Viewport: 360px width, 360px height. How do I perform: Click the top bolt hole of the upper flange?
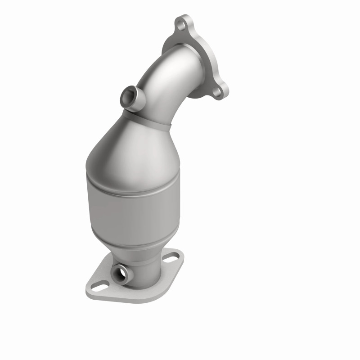coord(182,24)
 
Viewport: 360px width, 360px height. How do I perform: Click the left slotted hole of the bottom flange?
coord(101,285)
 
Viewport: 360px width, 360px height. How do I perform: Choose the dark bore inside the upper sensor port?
coord(128,95)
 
